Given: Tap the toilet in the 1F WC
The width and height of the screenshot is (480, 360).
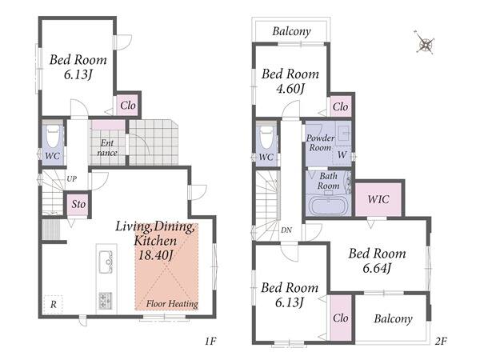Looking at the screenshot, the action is (x=53, y=136).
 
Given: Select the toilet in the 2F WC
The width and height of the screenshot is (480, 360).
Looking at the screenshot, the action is (x=266, y=137).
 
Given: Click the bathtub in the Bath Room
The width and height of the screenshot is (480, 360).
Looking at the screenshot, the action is (x=329, y=206).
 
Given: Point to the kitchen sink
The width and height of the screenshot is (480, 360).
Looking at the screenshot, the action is (x=106, y=262).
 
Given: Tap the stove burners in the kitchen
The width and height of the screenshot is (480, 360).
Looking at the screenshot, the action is (x=106, y=301).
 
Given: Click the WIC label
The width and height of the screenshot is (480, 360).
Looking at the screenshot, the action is (x=378, y=199).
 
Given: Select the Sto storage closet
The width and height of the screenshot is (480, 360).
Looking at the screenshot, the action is (x=78, y=204).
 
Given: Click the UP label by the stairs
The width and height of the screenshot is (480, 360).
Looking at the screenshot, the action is (x=72, y=178).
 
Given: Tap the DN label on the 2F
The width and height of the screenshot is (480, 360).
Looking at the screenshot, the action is (x=286, y=230).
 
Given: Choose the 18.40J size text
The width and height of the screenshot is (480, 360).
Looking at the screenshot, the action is (x=156, y=255).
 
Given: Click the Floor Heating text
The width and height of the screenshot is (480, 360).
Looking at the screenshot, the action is (x=172, y=304).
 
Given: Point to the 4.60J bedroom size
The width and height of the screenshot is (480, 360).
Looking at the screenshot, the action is (x=290, y=89).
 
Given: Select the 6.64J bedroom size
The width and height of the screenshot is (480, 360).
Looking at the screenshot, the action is (x=377, y=269).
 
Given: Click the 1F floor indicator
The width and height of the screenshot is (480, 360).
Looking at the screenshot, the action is (x=211, y=341).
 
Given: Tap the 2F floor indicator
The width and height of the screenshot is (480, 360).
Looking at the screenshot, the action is (x=441, y=341).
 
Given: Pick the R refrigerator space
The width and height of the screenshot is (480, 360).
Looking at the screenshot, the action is (x=54, y=305).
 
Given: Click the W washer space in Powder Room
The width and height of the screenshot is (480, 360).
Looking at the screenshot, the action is (x=342, y=155).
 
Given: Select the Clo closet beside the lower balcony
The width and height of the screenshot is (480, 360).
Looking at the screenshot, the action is (x=341, y=318).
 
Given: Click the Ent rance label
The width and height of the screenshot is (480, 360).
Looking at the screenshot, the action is (x=107, y=148).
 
